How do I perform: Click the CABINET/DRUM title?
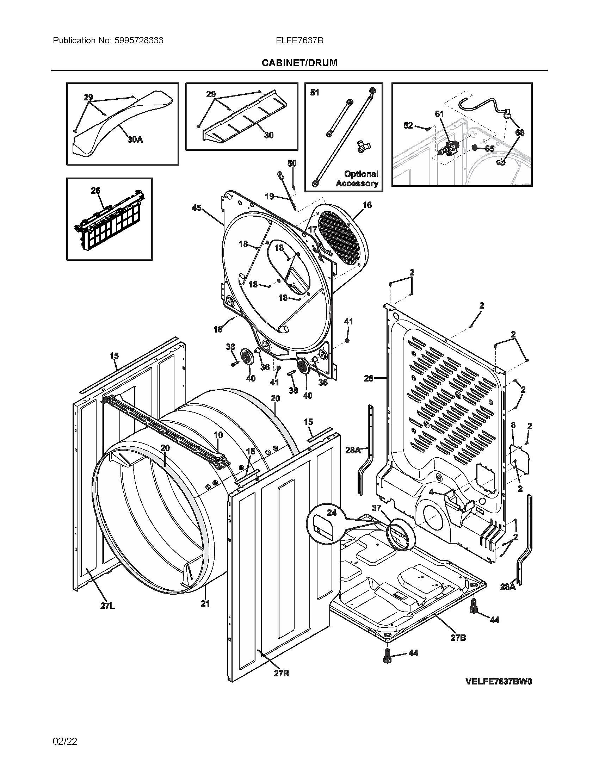tap(299, 63)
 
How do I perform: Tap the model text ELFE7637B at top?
tap(299, 41)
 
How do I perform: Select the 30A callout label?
tap(135, 139)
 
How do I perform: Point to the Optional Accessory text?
tap(357, 179)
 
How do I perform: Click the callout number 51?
tap(314, 93)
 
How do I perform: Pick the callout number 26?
tap(95, 191)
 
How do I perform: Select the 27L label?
tap(107, 606)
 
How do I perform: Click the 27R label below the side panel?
tap(282, 673)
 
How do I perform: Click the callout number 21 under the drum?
tap(205, 603)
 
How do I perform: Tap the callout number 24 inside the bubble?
tap(332, 513)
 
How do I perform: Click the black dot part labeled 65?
tap(475, 147)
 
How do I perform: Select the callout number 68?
tap(520, 132)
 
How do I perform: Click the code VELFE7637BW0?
tap(499, 682)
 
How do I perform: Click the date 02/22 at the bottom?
tap(65, 741)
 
